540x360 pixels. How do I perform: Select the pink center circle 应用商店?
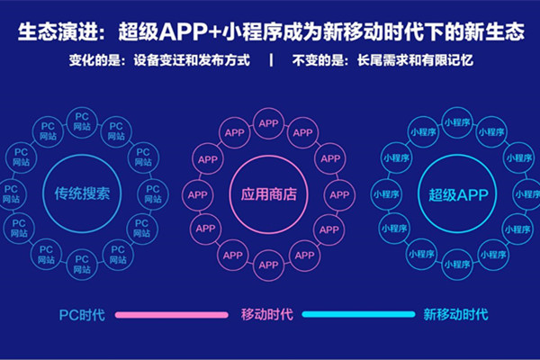[268, 194]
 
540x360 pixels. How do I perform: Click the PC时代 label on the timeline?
[82, 315]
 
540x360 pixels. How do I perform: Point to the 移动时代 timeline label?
[267, 315]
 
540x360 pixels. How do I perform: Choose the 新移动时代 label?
[455, 315]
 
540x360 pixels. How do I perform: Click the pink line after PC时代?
[172, 315]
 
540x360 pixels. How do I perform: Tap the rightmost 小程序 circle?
[526, 194]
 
